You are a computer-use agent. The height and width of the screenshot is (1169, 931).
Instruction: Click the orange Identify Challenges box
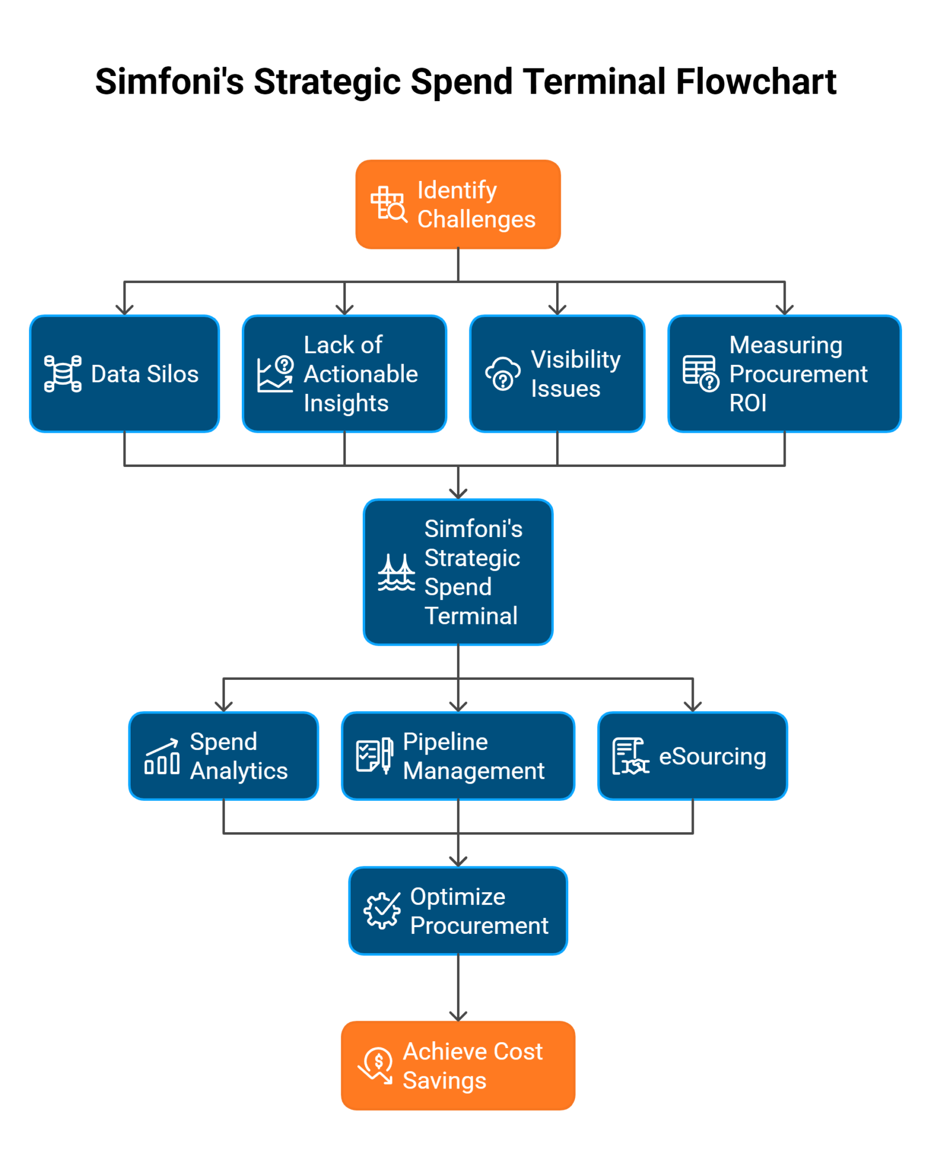coord(458,204)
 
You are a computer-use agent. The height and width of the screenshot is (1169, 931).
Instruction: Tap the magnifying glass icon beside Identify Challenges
coord(390,204)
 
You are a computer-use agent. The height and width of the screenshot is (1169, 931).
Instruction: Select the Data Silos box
coord(124,374)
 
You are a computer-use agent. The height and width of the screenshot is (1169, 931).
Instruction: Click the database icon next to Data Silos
coord(63,374)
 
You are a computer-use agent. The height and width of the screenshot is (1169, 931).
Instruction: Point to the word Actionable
coord(361,374)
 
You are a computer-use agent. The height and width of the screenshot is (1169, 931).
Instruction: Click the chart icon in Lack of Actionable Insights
coord(276,374)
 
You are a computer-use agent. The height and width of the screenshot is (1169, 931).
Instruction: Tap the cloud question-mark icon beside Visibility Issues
coord(503,374)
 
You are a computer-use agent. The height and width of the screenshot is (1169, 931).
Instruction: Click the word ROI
coord(747,403)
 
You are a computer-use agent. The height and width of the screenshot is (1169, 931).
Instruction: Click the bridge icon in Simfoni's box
coord(396,573)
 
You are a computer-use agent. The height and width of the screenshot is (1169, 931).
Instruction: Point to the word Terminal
coord(471,616)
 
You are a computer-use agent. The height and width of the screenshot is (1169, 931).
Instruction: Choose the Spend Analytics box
coord(224,756)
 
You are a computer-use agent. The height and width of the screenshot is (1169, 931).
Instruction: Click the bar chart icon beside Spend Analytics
coord(162,757)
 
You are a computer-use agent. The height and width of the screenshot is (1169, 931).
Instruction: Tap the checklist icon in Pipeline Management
coord(374,756)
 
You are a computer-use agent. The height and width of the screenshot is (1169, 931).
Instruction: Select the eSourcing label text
coord(712,756)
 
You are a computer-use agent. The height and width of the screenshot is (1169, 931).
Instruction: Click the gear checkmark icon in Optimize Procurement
coord(382,910)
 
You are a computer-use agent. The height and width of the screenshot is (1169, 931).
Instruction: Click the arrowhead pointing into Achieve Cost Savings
coord(458,1016)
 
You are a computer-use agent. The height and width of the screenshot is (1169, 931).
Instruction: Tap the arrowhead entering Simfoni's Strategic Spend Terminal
coord(458,494)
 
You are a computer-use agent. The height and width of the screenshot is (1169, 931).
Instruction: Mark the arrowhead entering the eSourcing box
coord(693,707)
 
